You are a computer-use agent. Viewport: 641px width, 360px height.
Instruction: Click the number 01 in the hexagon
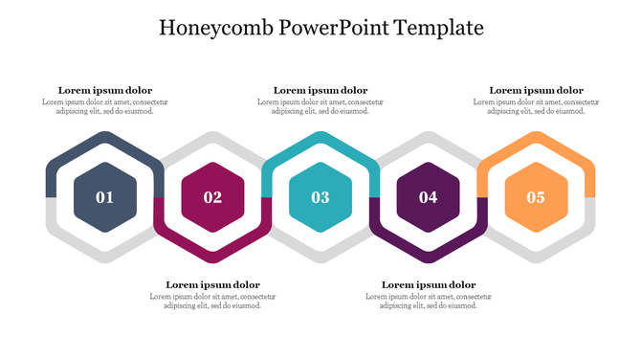(x=104, y=198)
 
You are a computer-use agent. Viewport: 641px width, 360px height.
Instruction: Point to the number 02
(x=212, y=198)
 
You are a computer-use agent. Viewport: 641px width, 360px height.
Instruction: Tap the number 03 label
(x=320, y=198)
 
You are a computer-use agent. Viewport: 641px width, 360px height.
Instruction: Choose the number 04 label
(x=428, y=198)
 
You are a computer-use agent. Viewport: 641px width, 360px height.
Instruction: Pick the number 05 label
(x=536, y=198)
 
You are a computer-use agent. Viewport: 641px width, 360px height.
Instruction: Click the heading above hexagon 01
(x=104, y=90)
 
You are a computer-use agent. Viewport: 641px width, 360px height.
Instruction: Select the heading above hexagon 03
(x=320, y=90)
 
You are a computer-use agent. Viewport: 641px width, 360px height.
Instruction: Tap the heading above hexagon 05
(x=536, y=90)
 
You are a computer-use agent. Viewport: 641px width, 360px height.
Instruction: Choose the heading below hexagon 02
(x=212, y=284)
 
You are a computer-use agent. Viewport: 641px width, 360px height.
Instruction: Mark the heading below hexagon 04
(x=428, y=284)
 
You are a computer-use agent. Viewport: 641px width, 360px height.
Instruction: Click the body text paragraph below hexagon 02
(x=212, y=301)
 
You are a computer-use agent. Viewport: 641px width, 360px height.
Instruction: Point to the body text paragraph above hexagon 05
(x=536, y=106)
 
